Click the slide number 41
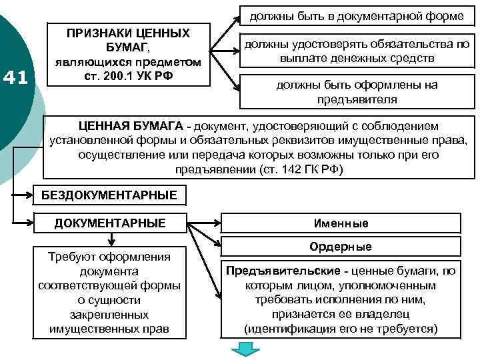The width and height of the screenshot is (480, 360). click(15, 78)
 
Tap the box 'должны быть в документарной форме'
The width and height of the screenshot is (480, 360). click(357, 15)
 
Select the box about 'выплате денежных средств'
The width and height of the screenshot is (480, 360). click(357, 51)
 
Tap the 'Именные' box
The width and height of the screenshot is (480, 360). click(341, 223)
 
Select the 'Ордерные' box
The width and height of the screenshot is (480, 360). click(341, 247)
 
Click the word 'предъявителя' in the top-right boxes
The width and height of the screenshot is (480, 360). click(357, 100)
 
